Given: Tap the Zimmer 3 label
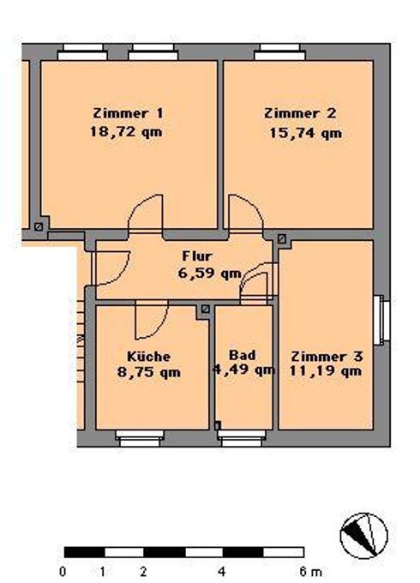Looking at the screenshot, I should pyautogui.click(x=327, y=357).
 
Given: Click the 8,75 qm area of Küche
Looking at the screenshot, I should pyautogui.click(x=148, y=372).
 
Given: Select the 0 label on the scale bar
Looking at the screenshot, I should pyautogui.click(x=63, y=571).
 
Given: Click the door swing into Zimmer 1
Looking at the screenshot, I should pyautogui.click(x=146, y=214).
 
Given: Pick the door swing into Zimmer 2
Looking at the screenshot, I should pyautogui.click(x=245, y=214).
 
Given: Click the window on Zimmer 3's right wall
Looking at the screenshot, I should pyautogui.click(x=381, y=320).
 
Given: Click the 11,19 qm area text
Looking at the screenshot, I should pyautogui.click(x=326, y=371).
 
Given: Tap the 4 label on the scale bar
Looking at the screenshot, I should pyautogui.click(x=223, y=571).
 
